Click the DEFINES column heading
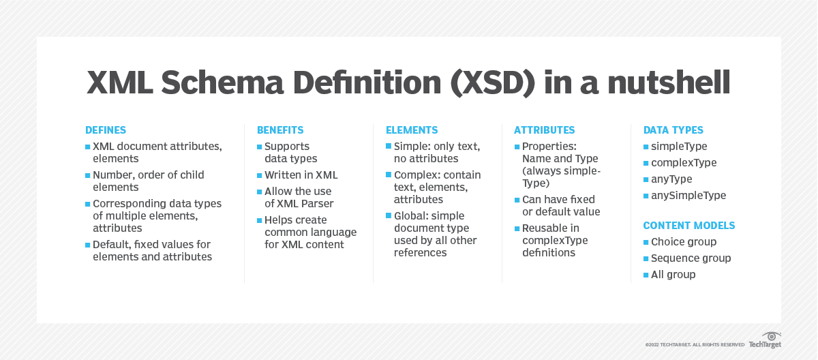click(106, 130)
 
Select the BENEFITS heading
click(280, 130)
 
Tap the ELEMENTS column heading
click(412, 130)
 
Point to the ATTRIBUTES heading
click(544, 130)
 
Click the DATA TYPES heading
click(673, 130)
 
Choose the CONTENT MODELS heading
click(689, 226)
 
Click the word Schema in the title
click(222, 82)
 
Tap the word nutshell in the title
click(669, 82)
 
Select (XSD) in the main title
click(493, 83)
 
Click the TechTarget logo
click(766, 340)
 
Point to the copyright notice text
click(695, 345)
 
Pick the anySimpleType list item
click(688, 196)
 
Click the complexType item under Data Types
click(684, 163)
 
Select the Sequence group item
click(691, 258)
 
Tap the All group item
click(673, 275)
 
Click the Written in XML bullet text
click(301, 175)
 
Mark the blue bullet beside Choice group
click(646, 242)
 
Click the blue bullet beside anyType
click(646, 179)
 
